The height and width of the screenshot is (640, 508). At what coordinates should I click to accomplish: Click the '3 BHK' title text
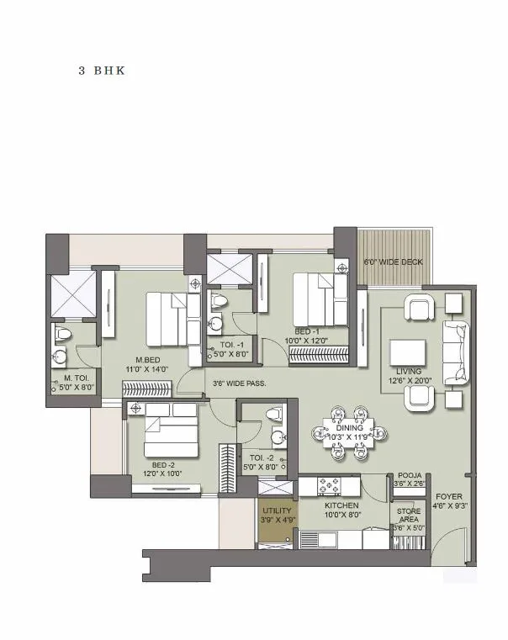point(102,71)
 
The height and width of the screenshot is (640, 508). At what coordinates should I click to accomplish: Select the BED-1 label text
point(307,331)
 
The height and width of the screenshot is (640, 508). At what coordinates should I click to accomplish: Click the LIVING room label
point(410,370)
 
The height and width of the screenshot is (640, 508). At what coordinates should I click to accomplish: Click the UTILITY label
point(276,510)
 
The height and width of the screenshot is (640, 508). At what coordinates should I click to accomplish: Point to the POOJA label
point(410,476)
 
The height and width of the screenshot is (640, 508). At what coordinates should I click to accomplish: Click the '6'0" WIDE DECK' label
point(393,262)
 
